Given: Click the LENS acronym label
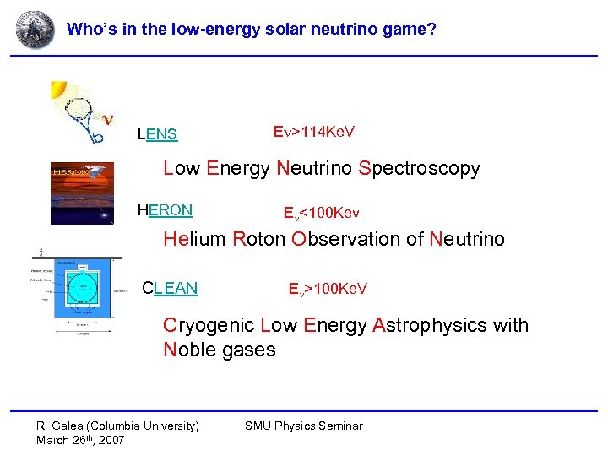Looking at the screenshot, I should click(x=158, y=134).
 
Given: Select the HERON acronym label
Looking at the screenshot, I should click(x=165, y=210).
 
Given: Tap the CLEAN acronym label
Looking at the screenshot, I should click(x=170, y=289).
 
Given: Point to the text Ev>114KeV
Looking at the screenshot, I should click(x=314, y=132).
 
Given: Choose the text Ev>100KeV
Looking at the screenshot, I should click(x=328, y=290).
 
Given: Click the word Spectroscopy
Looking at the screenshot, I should click(x=419, y=169).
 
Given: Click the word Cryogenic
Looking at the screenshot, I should click(x=209, y=325).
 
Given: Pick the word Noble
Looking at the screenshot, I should click(x=189, y=350).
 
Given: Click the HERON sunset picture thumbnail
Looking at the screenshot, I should click(x=82, y=193).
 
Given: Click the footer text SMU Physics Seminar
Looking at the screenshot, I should click(x=303, y=426).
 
